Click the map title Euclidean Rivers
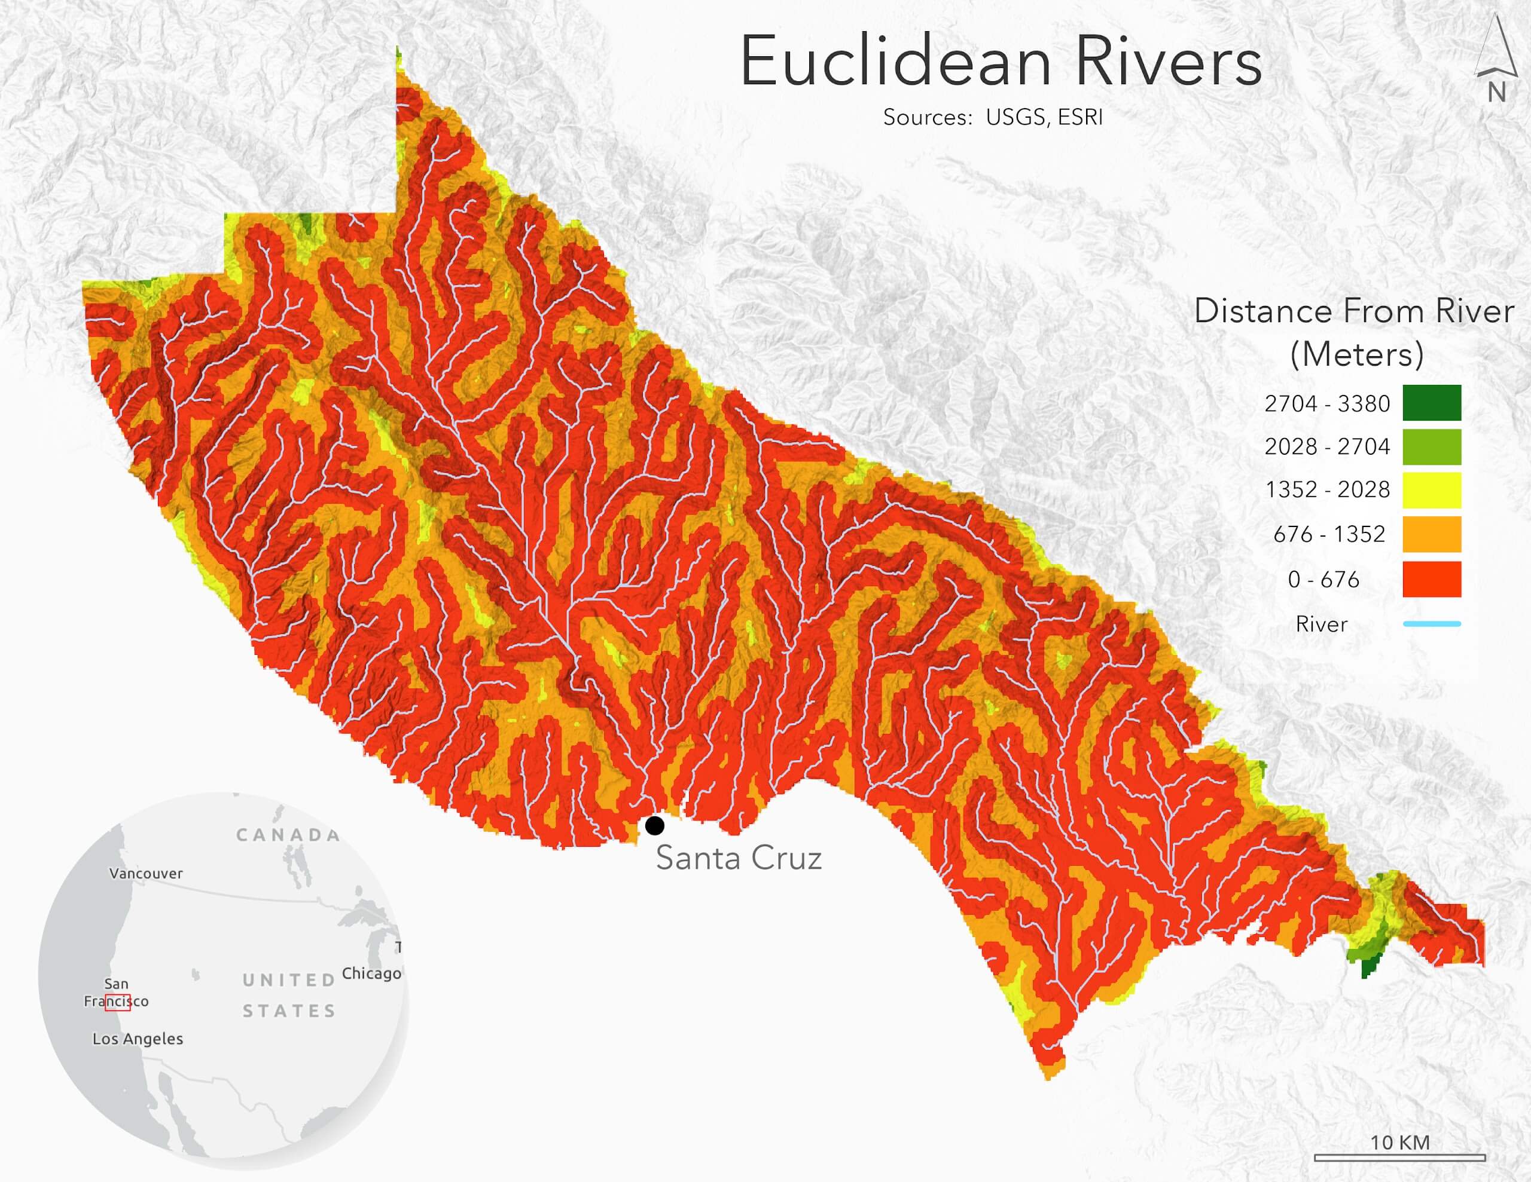(x=1001, y=62)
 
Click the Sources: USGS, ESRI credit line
(x=993, y=117)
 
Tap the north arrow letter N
(x=1496, y=93)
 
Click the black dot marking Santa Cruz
(x=654, y=825)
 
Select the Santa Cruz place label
(x=738, y=858)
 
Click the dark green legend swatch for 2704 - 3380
(x=1432, y=403)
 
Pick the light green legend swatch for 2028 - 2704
(x=1432, y=446)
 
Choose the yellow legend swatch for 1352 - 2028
(x=1432, y=490)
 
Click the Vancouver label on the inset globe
(x=146, y=874)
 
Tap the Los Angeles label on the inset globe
(x=138, y=1039)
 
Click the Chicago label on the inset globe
(x=371, y=973)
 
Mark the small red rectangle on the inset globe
(x=118, y=1003)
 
